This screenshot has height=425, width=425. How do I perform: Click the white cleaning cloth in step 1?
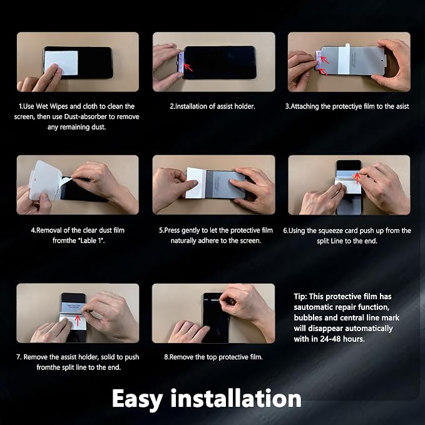[61, 63]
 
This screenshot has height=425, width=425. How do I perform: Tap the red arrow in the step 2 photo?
[188, 67]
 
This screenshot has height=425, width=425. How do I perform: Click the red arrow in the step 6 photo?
[357, 178]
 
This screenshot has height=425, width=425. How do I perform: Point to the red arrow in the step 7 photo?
[78, 320]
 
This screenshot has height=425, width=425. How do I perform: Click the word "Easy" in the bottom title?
[137, 399]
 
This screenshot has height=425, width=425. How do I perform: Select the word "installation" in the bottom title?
[236, 398]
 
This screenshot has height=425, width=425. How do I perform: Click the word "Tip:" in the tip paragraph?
[300, 297]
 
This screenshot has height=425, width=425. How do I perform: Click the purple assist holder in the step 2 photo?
[181, 62]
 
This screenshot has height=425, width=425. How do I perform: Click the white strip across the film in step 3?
[344, 59]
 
